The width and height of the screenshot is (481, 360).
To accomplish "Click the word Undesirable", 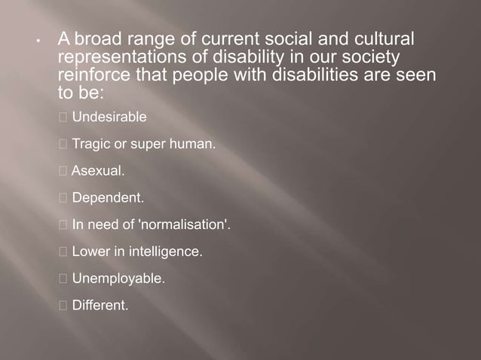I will tap(109, 117).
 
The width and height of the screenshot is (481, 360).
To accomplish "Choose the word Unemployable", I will tap(118, 279).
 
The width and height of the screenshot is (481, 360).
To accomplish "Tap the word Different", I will tap(100, 305).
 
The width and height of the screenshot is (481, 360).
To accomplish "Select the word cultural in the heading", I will tap(382, 38).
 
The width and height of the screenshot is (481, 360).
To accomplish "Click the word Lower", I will tap(90, 252).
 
